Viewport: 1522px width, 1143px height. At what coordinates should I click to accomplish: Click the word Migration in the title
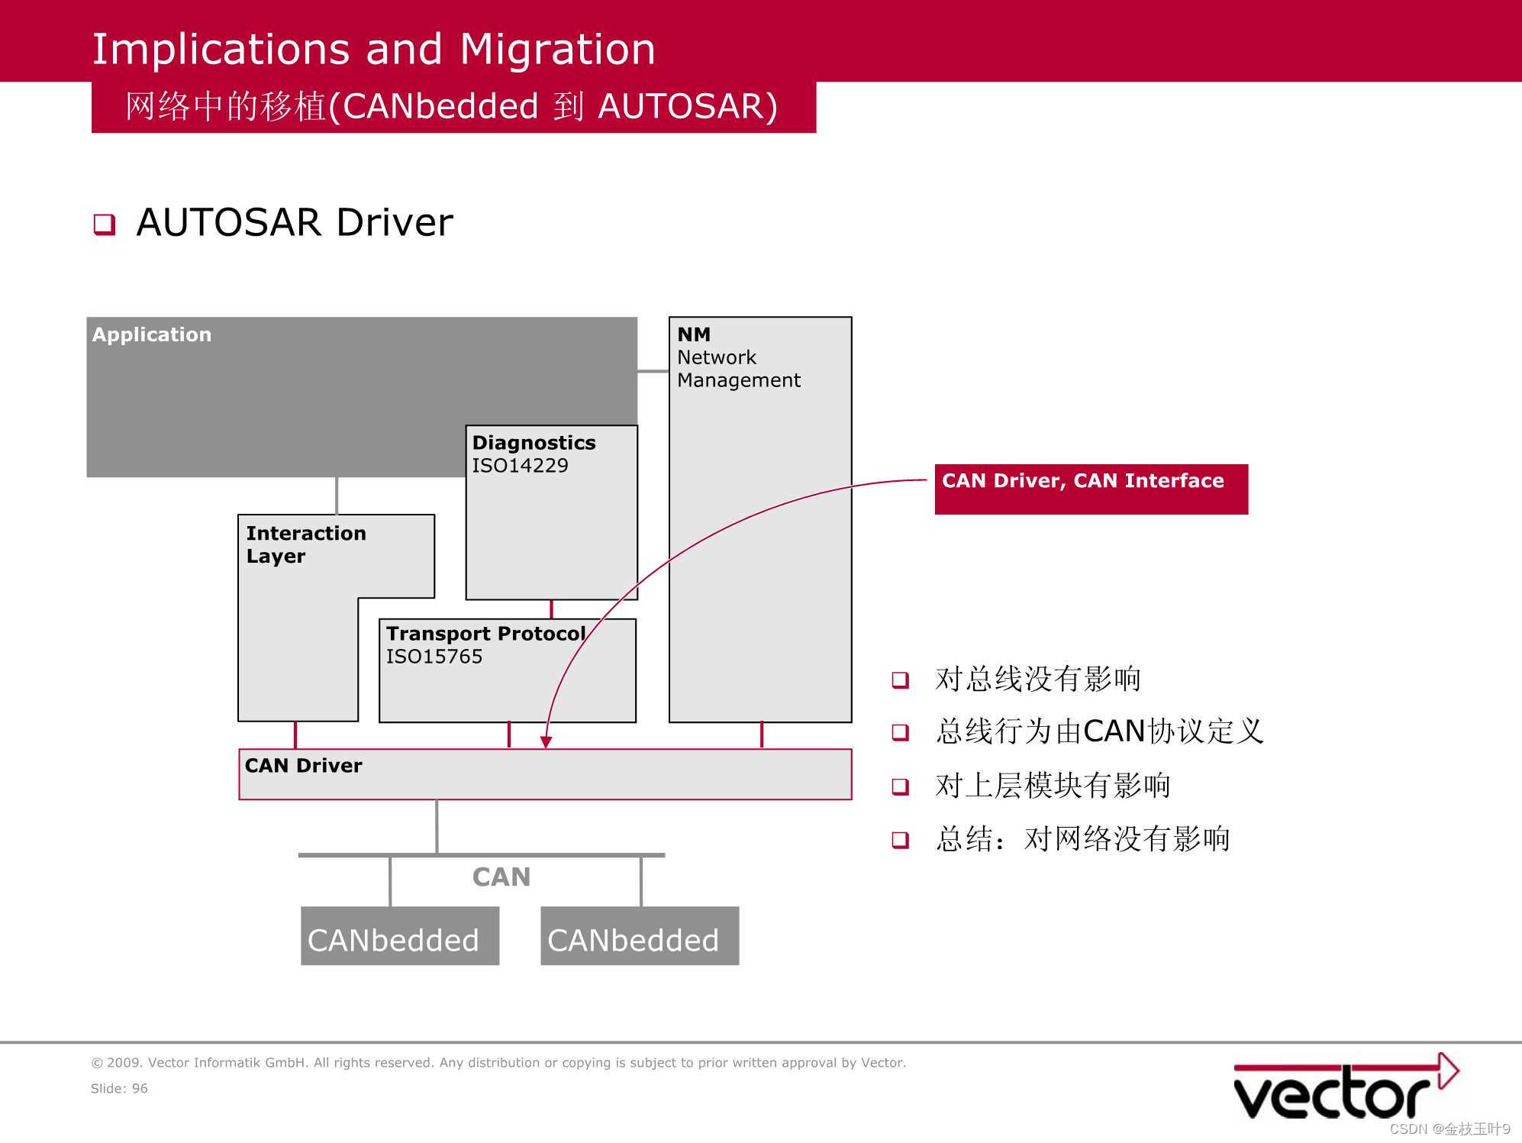557,50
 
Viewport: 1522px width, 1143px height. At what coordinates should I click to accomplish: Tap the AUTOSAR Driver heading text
294,223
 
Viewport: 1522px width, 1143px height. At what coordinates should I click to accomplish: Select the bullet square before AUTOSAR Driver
105,224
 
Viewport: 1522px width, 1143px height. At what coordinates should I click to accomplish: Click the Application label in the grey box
151,334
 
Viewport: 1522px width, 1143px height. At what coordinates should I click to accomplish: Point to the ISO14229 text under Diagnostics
520,466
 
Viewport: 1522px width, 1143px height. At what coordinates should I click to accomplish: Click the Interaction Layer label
305,544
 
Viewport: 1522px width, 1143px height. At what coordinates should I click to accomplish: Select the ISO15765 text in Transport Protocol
434,657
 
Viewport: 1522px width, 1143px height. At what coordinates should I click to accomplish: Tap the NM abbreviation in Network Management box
693,334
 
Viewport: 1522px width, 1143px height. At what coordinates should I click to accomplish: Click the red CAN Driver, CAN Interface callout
1090,489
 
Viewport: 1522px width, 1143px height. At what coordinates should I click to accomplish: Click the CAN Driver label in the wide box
303,766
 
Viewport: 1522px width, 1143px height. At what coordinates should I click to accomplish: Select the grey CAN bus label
501,877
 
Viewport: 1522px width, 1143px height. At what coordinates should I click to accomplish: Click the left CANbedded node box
399,936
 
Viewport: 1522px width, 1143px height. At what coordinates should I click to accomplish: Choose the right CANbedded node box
639,936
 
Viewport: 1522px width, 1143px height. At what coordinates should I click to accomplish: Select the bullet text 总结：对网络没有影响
1082,839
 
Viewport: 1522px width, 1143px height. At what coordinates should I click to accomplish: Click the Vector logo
1343,1088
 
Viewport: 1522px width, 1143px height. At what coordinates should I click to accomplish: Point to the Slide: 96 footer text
119,1089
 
